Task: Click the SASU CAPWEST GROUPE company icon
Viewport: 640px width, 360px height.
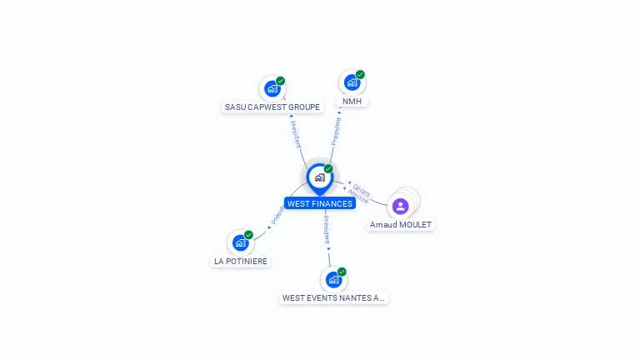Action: pyautogui.click(x=272, y=88)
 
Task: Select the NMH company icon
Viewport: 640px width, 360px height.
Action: pyautogui.click(x=352, y=82)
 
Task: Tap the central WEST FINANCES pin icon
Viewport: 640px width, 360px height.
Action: pyautogui.click(x=319, y=177)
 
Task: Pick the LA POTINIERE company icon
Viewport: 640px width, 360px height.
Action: pyautogui.click(x=240, y=242)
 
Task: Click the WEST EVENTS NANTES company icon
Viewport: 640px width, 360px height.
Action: pyautogui.click(x=333, y=279)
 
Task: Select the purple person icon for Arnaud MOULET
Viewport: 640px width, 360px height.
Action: pyautogui.click(x=400, y=206)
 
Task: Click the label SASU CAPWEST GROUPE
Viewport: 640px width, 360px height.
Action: pyautogui.click(x=272, y=107)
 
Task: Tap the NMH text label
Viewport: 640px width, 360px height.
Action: pyautogui.click(x=352, y=101)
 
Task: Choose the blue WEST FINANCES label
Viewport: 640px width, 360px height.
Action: pyautogui.click(x=320, y=203)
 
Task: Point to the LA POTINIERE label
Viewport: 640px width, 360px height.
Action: pyautogui.click(x=241, y=261)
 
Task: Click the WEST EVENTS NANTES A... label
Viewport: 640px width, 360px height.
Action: pyautogui.click(x=333, y=297)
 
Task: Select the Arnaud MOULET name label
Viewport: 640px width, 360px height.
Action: pyautogui.click(x=401, y=225)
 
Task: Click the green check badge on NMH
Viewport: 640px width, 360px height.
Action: pyautogui.click(x=360, y=74)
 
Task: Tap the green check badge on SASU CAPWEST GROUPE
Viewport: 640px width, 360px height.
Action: pyautogui.click(x=281, y=81)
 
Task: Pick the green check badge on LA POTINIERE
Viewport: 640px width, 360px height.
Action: pyautogui.click(x=248, y=235)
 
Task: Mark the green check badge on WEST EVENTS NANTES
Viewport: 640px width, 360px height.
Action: pyautogui.click(x=342, y=272)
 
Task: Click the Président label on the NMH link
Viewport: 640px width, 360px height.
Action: pyautogui.click(x=337, y=131)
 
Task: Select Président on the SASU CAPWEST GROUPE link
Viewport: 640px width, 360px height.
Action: pyautogui.click(x=296, y=134)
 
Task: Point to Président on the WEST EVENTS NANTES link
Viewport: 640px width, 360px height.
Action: pyautogui.click(x=327, y=229)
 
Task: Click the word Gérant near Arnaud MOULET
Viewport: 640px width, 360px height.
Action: pyautogui.click(x=362, y=189)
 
